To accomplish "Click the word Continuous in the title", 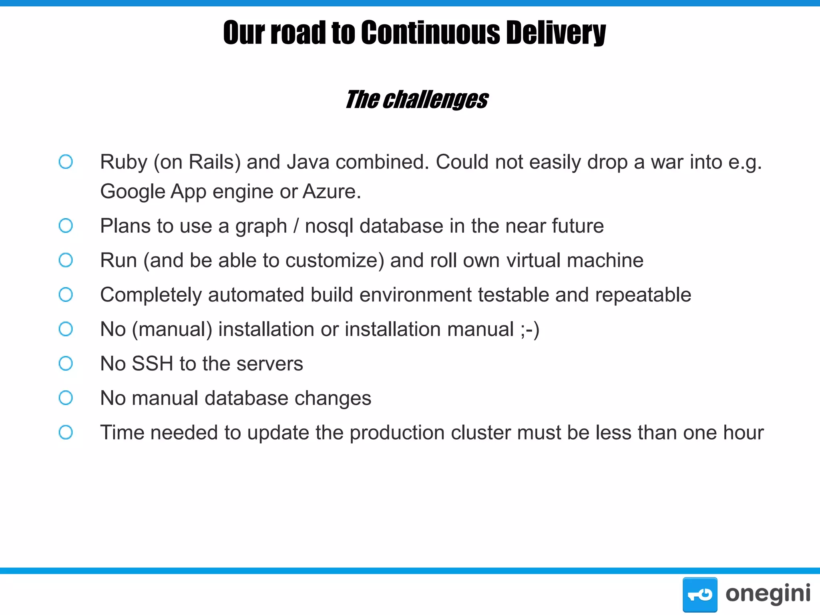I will [x=430, y=33].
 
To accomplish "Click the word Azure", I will [x=331, y=191].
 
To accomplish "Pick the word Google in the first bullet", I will [x=133, y=192].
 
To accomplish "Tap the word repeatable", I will [x=643, y=295].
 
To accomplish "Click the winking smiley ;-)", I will [x=530, y=330].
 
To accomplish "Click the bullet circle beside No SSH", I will [x=66, y=364].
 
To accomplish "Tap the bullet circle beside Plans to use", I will [x=66, y=225].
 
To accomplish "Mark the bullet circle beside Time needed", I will [x=66, y=432].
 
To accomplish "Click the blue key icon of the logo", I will [x=699, y=595].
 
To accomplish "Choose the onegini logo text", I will [x=768, y=594].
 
